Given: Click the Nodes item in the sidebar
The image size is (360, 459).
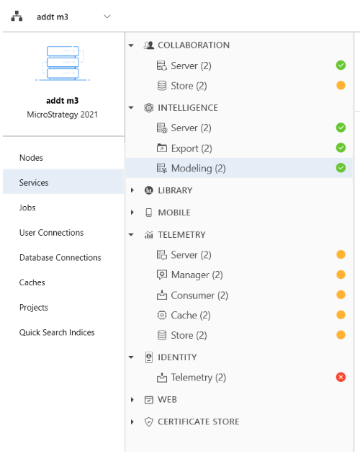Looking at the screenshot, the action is [31, 158].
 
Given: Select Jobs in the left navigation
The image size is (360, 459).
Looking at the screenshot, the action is [27, 208].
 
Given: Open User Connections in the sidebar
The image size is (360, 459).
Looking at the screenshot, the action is [51, 233].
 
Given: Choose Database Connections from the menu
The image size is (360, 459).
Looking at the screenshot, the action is [60, 258].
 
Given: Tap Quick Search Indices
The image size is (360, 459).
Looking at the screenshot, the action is [57, 333].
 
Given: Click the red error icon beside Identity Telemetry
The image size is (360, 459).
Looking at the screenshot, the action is [341, 377].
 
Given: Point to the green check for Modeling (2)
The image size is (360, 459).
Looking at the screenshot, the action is [341, 168].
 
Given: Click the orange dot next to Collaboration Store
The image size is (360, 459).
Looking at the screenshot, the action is [341, 86].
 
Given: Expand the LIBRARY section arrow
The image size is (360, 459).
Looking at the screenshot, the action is [132, 190].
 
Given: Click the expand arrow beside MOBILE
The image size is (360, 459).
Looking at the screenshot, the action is [132, 213].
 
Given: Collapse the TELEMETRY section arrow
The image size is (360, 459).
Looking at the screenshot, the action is [131, 234].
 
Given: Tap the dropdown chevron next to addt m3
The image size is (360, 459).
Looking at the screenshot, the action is [107, 17].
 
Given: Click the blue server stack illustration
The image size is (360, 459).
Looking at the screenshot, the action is [63, 63].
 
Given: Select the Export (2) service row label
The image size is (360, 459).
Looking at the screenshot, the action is [192, 148].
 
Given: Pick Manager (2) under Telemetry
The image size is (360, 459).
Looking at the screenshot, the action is [197, 275].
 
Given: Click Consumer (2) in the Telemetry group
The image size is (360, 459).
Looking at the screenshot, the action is [199, 295].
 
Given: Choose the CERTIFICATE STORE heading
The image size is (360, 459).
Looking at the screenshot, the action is [199, 422].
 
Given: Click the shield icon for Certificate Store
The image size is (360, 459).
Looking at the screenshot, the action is [149, 422].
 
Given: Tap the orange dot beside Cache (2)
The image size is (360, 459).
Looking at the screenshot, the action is [341, 315].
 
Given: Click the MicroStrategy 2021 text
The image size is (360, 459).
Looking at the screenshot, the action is [63, 115].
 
